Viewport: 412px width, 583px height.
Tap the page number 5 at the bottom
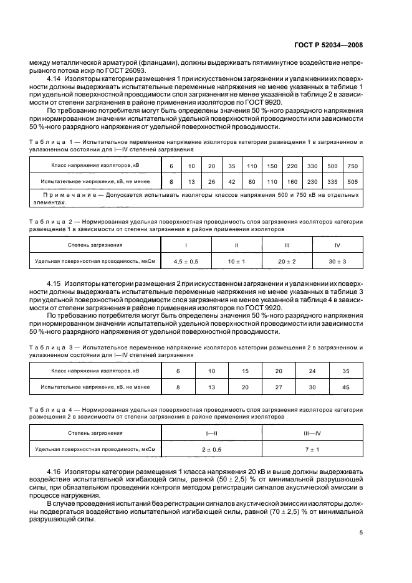point(361,533)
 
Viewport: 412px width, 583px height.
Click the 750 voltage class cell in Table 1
point(352,166)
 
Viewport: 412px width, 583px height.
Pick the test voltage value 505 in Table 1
point(352,182)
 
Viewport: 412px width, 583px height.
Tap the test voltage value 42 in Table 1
point(231,182)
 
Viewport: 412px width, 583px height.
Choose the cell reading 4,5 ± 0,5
point(186,261)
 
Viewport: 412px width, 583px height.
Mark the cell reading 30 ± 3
point(337,261)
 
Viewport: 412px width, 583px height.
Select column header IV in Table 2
point(337,245)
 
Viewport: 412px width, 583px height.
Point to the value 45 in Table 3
point(345,387)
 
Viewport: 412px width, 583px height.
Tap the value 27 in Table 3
point(279,387)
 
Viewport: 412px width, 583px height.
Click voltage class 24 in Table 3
point(312,371)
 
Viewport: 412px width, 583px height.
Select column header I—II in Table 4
point(211,432)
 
